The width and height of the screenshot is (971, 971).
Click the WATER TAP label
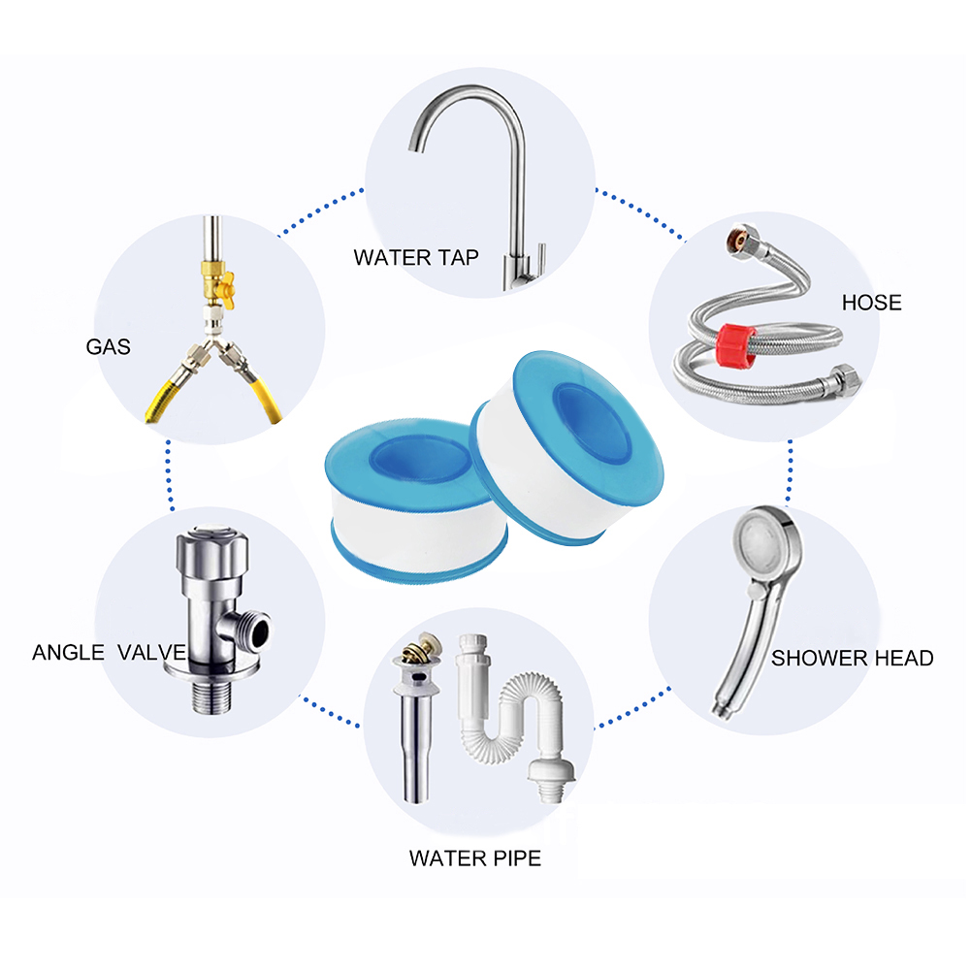pos(416,258)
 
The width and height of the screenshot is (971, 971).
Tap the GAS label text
pos(108,346)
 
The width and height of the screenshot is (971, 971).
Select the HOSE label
pos(871,303)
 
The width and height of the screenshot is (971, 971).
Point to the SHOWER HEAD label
pos(852,659)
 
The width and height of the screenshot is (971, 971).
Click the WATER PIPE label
pos(474,858)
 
